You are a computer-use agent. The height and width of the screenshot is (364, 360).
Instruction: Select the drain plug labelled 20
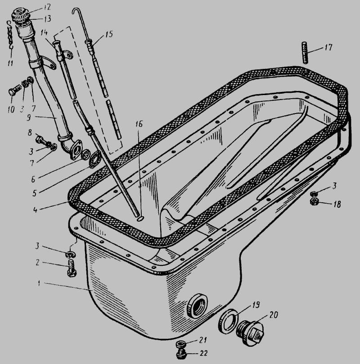[x=250, y=331]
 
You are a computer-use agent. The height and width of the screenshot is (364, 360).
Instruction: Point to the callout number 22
[x=203, y=353]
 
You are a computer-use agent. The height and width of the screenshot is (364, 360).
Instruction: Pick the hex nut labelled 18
[x=314, y=201]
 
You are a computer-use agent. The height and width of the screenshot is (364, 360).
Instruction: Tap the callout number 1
[x=39, y=283]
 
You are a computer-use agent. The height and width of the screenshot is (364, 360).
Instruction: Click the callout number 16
[x=139, y=124]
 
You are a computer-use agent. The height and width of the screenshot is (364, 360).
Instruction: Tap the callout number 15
[x=109, y=34]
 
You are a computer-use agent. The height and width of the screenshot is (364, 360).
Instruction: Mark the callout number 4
[x=35, y=210]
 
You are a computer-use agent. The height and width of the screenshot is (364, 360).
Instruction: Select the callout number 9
[x=28, y=118]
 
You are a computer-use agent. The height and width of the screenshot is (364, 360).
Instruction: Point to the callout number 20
[x=274, y=315]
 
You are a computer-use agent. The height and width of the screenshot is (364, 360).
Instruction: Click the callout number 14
[x=44, y=32]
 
